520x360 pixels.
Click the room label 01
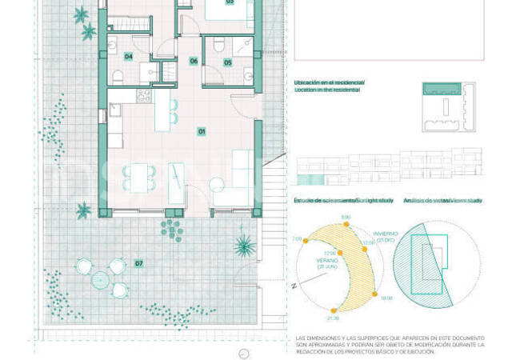point(202,130)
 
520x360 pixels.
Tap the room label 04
point(128,56)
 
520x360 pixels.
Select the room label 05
point(228,62)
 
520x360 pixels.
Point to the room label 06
point(194,61)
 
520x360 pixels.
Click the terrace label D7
point(138,262)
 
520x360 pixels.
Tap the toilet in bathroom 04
point(118,77)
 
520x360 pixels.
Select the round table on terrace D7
point(102,279)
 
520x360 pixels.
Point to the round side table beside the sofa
point(216,184)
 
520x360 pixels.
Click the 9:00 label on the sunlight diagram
point(346,217)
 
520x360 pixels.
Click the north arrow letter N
point(295,285)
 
